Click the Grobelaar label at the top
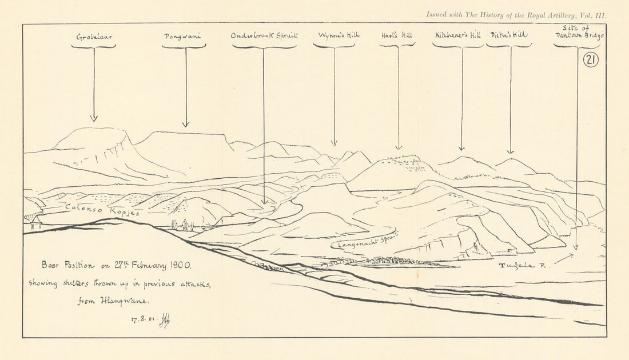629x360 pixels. (x=93, y=37)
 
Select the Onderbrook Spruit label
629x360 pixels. (x=264, y=36)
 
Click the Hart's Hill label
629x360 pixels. (x=397, y=35)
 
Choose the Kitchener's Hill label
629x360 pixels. (x=457, y=35)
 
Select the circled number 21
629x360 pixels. (x=591, y=59)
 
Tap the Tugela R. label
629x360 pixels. (x=523, y=266)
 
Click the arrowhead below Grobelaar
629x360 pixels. (x=94, y=118)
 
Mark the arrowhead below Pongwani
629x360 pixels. (x=185, y=124)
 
